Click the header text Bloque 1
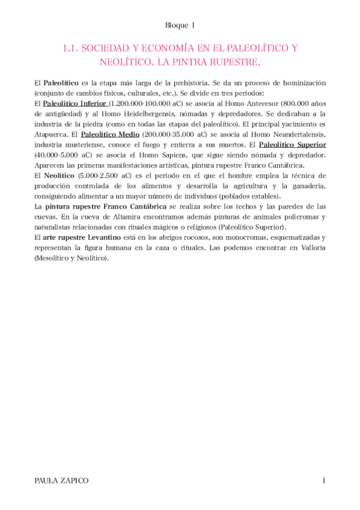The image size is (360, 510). [x=180, y=25]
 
